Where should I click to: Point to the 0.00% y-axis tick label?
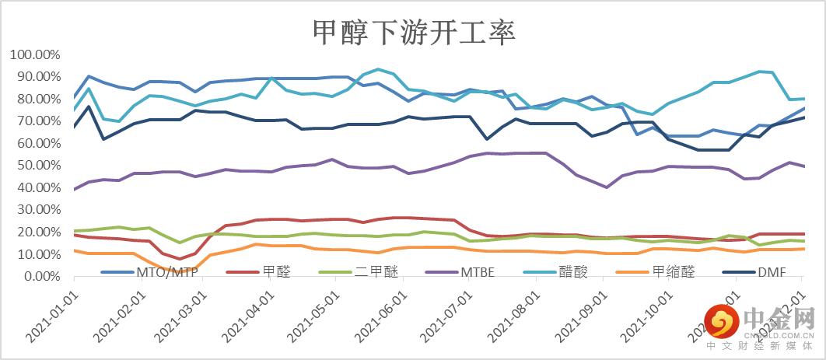(x=41, y=276)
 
